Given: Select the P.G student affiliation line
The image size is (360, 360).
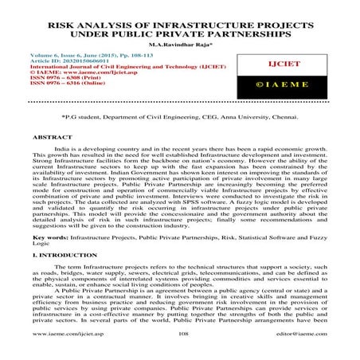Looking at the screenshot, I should coord(179,116).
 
